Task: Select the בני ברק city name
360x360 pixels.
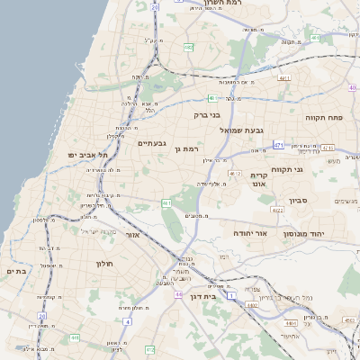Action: click(207, 114)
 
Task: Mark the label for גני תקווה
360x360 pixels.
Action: click(311, 168)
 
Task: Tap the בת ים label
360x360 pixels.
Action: click(16, 270)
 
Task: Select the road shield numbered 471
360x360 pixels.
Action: click(279, 145)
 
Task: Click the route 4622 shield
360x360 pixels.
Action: click(277, 210)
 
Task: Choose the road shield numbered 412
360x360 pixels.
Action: click(149, 349)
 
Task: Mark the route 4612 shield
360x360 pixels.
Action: click(235, 173)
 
